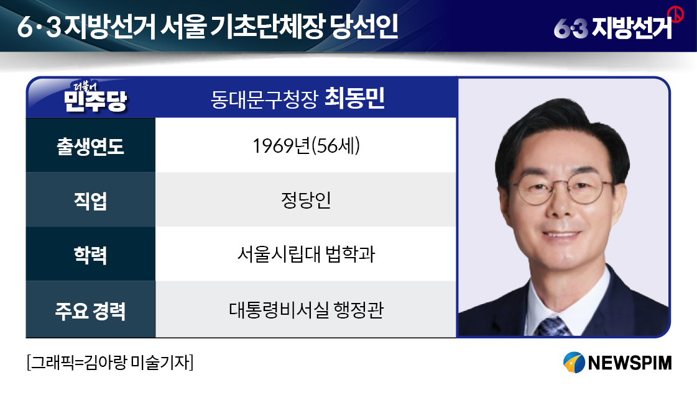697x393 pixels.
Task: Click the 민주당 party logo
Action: click(x=95, y=97)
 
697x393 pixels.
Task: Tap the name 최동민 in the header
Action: click(x=354, y=98)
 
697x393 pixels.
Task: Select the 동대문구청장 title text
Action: click(x=264, y=99)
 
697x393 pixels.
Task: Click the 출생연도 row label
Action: click(x=90, y=146)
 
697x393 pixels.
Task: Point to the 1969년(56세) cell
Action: click(x=306, y=146)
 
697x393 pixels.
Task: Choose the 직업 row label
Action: click(x=90, y=201)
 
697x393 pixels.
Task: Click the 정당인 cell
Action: click(x=306, y=200)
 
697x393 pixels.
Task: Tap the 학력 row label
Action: click(x=90, y=255)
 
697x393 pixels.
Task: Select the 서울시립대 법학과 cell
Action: click(x=306, y=254)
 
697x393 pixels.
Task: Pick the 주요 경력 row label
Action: click(x=90, y=310)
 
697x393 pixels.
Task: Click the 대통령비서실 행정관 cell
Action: click(x=306, y=310)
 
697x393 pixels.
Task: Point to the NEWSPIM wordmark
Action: click(x=629, y=363)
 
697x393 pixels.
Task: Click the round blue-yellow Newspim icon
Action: click(x=574, y=363)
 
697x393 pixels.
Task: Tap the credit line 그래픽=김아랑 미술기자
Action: click(x=110, y=363)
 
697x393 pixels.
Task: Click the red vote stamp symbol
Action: click(x=676, y=14)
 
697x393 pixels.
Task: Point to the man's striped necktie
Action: click(x=553, y=327)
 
